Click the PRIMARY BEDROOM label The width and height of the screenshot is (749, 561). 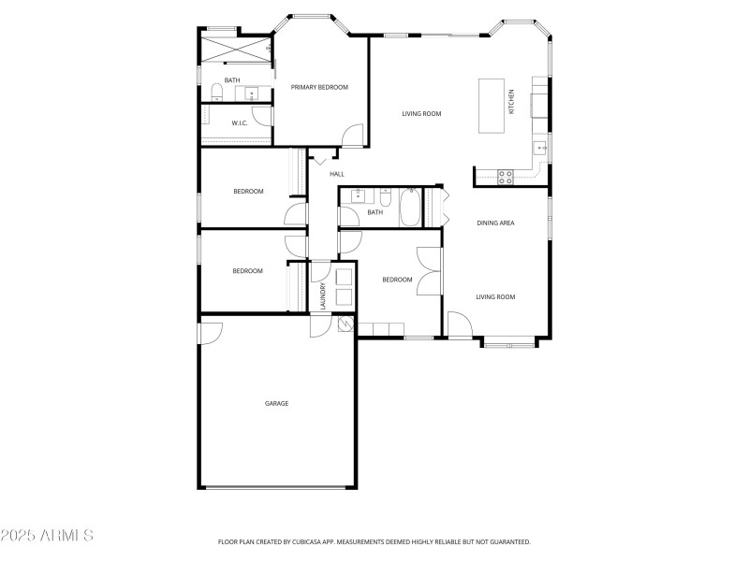click(319, 87)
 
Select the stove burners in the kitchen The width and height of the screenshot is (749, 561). click(506, 177)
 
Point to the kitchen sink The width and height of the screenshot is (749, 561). click(540, 148)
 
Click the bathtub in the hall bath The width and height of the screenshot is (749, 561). click(410, 208)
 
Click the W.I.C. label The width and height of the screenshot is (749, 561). click(239, 122)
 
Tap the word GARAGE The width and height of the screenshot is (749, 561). click(276, 403)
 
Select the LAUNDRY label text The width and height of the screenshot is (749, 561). click(322, 295)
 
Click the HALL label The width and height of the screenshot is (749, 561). click(337, 174)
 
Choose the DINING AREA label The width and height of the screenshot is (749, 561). click(495, 223)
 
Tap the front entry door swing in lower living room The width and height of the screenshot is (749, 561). click(459, 326)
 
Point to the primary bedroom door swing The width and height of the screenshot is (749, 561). click(352, 137)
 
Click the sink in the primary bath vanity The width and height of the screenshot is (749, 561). click(251, 93)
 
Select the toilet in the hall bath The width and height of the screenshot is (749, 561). click(385, 197)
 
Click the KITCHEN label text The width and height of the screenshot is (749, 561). click(511, 102)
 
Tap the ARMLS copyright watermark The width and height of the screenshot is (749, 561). click(47, 537)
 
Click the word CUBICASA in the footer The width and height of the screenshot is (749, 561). click(320, 541)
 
